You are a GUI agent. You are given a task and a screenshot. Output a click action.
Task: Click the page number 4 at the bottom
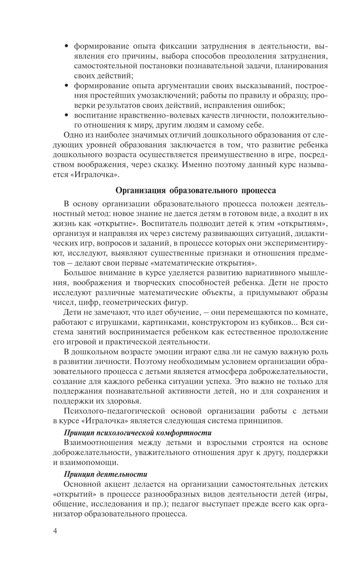coord(55,531)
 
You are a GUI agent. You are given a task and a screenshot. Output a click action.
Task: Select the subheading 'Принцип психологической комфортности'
coord(138,433)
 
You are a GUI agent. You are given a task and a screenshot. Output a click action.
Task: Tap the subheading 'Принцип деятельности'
coord(105,474)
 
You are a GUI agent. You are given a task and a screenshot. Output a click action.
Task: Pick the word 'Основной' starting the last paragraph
coord(81,484)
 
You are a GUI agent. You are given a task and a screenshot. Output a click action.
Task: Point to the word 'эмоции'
coord(163,352)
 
